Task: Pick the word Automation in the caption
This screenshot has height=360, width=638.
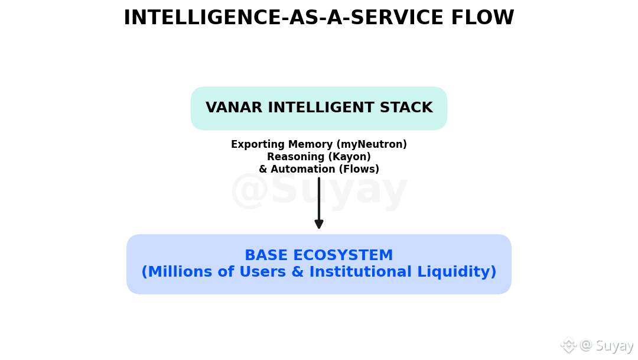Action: pos(298,170)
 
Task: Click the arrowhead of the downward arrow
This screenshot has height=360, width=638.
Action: pos(319,224)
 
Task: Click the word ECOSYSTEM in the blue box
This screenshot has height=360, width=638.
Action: pos(343,256)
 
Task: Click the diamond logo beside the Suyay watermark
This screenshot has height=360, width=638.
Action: pos(568,345)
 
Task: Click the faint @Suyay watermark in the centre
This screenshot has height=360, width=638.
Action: pos(319,190)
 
